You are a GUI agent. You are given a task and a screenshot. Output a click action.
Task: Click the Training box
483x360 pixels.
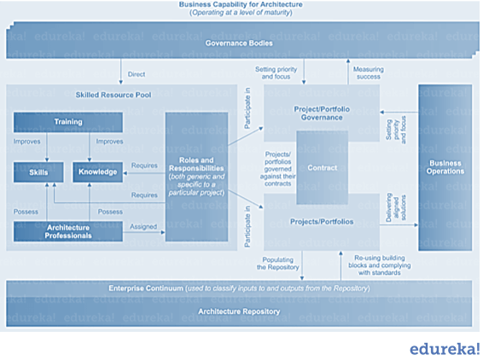(x=67, y=122)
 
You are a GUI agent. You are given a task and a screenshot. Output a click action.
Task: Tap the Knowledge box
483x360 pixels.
(x=96, y=171)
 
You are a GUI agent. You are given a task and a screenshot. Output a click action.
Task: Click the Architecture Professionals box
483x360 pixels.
(x=67, y=230)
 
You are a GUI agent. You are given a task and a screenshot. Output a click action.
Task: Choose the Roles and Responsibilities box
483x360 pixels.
(x=196, y=176)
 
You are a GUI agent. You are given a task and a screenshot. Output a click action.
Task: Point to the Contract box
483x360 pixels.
(x=322, y=168)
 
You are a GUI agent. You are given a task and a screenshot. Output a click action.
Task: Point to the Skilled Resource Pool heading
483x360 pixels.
(x=113, y=95)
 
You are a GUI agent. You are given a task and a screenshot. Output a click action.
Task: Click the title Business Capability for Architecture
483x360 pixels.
(x=241, y=5)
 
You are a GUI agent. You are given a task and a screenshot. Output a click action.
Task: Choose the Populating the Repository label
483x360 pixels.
(x=282, y=263)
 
